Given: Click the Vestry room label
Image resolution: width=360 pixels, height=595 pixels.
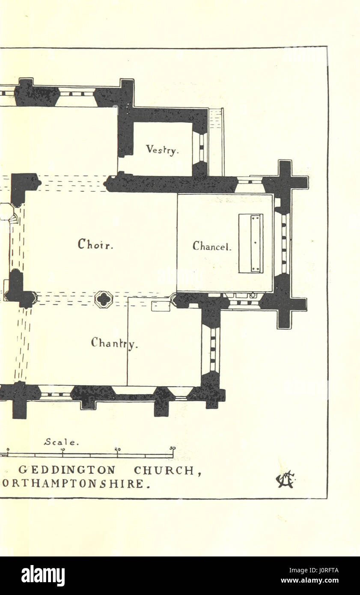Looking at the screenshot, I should point(162,150).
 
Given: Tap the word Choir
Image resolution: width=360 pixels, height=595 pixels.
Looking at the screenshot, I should point(95,244).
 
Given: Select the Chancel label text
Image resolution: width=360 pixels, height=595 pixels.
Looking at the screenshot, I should point(212,246).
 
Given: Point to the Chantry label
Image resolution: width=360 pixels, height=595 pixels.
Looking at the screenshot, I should point(114,343).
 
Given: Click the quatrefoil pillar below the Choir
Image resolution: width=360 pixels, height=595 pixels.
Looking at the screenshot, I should point(104,299).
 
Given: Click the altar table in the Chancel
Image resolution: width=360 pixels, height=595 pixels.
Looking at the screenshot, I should point(251,243).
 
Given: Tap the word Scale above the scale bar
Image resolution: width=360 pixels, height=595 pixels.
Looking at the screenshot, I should point(61,443).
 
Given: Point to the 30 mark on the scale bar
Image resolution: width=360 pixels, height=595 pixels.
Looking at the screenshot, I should point(172,449).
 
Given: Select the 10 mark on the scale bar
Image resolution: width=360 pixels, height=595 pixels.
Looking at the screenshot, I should point(62,450).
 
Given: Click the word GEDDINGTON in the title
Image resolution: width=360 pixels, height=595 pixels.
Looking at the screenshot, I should point(67,470).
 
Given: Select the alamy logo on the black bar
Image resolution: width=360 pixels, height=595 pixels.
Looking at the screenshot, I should point(43,575).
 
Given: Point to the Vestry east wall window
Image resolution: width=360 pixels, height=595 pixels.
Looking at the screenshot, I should point(200,147).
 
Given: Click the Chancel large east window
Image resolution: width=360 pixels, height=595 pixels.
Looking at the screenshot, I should point(283,243).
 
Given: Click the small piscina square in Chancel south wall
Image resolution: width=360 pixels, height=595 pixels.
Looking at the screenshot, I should point(253,295).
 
